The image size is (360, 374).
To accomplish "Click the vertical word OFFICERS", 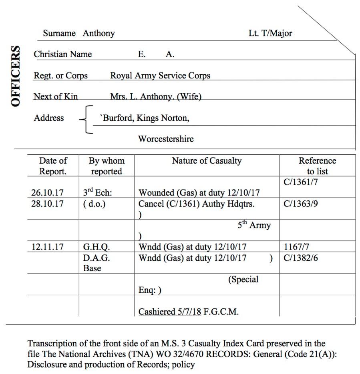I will [x=16, y=76].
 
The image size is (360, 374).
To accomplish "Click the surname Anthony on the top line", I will [x=99, y=33].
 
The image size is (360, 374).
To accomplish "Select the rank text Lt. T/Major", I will [x=270, y=33].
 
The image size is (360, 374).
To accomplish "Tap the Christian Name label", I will [x=63, y=54].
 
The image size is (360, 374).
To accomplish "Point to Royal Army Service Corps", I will [x=160, y=76].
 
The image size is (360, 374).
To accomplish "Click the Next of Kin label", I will [x=56, y=96].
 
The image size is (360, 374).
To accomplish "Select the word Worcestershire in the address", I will [x=166, y=139].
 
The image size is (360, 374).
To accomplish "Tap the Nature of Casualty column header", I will [x=207, y=161].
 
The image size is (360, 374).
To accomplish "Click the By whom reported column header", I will [x=107, y=166].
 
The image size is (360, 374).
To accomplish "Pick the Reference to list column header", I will [x=317, y=166].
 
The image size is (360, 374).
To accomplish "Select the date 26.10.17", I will [x=47, y=193].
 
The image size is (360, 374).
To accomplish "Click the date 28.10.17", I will [x=47, y=204].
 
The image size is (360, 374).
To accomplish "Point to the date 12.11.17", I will [x=47, y=247].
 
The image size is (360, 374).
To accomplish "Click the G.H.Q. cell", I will [x=97, y=247].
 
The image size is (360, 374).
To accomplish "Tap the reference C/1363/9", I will [x=301, y=204].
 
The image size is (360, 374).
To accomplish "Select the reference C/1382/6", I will [x=301, y=258].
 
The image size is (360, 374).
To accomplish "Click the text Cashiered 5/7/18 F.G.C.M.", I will [x=188, y=311].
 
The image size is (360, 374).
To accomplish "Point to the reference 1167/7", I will [x=295, y=247].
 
